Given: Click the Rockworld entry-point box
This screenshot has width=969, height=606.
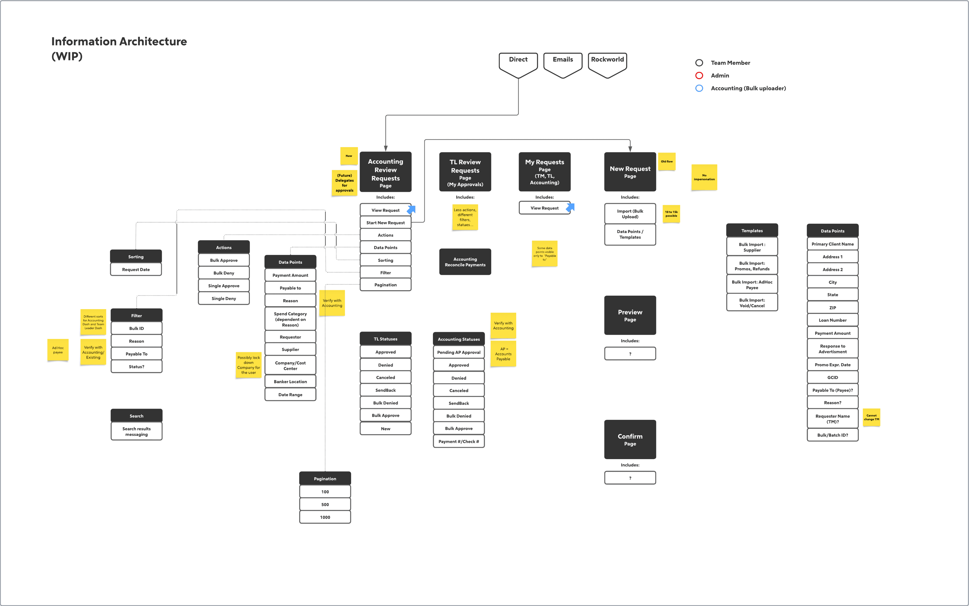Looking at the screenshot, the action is (607, 64).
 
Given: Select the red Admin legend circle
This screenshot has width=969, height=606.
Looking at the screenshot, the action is (699, 75).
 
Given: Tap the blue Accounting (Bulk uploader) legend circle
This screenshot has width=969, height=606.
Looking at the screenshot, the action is (699, 88).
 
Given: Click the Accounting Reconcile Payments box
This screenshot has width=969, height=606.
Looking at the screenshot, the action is (465, 262).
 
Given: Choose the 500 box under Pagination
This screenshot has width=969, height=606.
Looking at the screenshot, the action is (325, 505).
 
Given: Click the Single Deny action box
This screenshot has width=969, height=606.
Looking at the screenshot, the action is (224, 299).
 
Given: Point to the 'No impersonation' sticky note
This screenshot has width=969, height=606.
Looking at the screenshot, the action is (704, 177).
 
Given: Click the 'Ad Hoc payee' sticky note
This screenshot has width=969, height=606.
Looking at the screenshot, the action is (58, 350).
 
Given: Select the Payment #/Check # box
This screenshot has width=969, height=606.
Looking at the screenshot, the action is (458, 441).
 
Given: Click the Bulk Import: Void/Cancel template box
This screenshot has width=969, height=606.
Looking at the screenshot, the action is (752, 303).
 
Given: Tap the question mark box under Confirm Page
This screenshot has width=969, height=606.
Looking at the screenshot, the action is (630, 478).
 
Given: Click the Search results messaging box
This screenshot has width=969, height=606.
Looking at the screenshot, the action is (136, 431).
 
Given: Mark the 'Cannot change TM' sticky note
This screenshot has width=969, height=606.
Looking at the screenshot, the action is (871, 417).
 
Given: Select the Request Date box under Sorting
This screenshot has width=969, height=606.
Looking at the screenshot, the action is (136, 269).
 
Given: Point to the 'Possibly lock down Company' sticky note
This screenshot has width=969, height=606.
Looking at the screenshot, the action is (248, 365).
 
